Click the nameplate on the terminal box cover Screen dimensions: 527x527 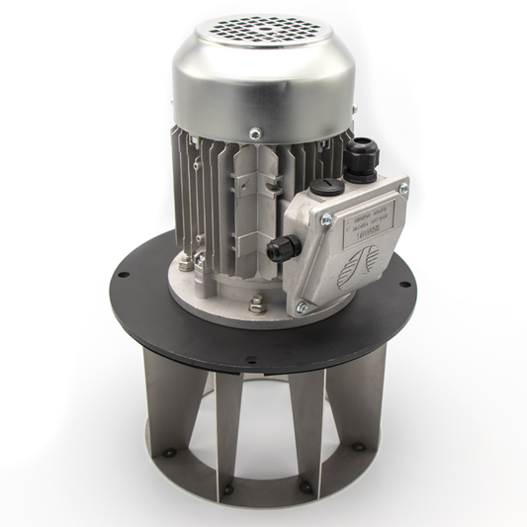(368, 220)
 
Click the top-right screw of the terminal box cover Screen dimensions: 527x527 (403, 188)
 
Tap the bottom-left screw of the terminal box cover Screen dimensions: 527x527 (303, 307)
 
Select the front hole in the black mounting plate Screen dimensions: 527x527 (251, 360)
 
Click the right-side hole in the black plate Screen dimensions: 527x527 (403, 286)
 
